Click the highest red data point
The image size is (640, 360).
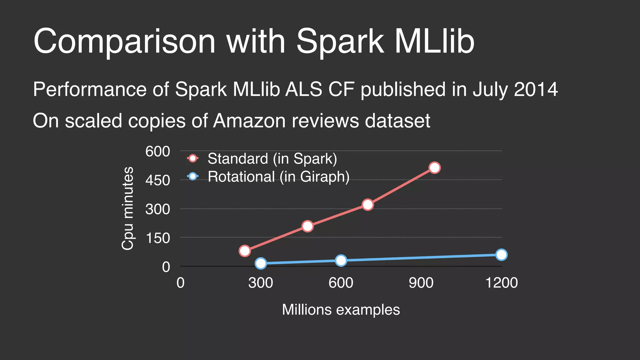click(x=434, y=168)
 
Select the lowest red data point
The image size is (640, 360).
click(x=245, y=251)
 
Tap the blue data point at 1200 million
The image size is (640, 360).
click(x=501, y=255)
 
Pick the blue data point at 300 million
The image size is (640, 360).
click(x=261, y=263)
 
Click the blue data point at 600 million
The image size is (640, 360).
click(x=341, y=260)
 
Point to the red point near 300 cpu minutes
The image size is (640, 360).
click(x=368, y=205)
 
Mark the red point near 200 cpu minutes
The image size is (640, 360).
click(x=307, y=226)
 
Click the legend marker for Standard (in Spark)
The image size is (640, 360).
click(x=193, y=158)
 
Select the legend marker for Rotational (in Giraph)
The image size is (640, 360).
click(x=193, y=176)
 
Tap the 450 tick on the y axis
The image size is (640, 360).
click(x=157, y=180)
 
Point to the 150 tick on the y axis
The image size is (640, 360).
click(x=157, y=238)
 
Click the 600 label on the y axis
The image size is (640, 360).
click(x=157, y=152)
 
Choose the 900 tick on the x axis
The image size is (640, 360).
click(x=421, y=283)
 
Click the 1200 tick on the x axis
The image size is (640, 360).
click(x=501, y=283)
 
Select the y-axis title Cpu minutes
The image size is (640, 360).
click(x=127, y=208)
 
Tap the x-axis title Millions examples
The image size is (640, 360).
click(x=341, y=310)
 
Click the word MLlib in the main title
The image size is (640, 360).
click(x=434, y=41)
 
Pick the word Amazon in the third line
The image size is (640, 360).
click(x=249, y=121)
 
